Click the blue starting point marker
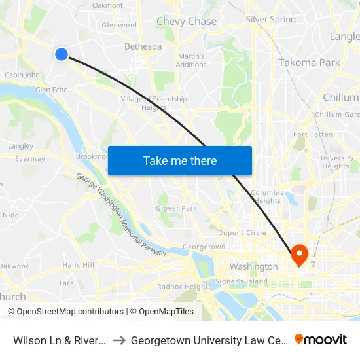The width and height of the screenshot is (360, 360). tap(61, 54)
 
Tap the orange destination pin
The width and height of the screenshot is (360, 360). tap(299, 255)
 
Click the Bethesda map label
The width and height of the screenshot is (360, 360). tap(143, 46)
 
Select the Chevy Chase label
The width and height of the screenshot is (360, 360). tap(187, 22)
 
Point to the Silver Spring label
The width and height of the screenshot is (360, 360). tap(270, 20)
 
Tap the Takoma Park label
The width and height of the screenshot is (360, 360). tap(309, 63)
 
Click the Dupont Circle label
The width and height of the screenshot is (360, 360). tap(242, 233)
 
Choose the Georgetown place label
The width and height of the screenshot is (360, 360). tap(204, 247)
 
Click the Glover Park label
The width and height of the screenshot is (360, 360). tap(176, 208)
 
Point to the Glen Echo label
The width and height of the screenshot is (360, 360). tap(52, 90)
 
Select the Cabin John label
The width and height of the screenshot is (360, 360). tap(22, 75)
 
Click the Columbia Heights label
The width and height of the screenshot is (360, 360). tap(267, 197)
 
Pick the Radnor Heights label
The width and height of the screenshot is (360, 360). tap(175, 287)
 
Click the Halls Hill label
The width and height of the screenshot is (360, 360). tap(79, 265)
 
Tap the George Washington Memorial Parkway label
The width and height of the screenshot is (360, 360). tap(121, 215)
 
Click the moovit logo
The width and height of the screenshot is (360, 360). tap(321, 339)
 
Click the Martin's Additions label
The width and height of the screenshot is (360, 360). tap(191, 60)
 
